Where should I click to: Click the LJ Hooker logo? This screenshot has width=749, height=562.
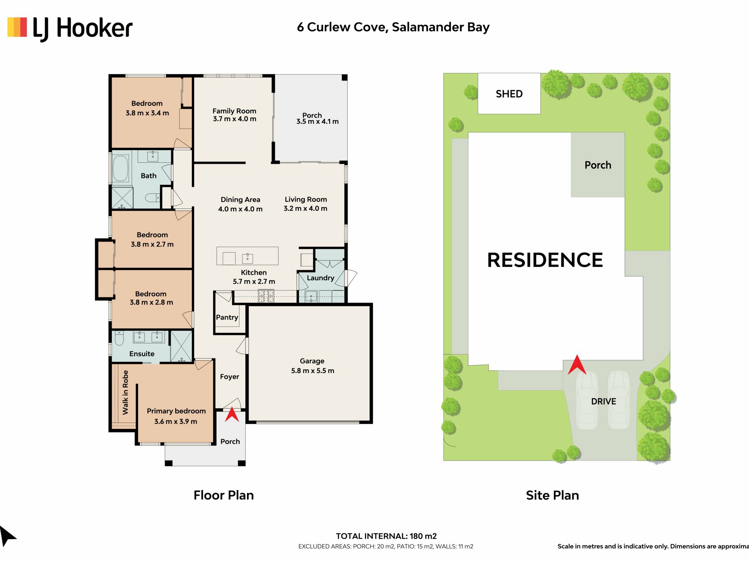[70, 28]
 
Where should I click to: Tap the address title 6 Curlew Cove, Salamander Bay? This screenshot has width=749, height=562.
[393, 27]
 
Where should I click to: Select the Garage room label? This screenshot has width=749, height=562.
[312, 361]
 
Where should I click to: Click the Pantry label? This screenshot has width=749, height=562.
[227, 317]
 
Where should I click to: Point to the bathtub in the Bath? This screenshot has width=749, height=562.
[121, 169]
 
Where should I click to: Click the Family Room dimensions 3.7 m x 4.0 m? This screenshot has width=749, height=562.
[234, 119]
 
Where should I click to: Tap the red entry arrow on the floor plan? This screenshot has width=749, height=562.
[232, 414]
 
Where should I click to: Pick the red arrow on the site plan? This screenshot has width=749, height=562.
[577, 365]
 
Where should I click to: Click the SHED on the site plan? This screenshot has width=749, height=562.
[509, 94]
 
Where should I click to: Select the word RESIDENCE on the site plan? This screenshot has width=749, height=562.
[545, 260]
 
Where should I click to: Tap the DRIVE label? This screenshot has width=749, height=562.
[603, 401]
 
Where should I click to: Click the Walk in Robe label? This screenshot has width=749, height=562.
[125, 392]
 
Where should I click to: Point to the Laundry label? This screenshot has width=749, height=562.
[321, 278]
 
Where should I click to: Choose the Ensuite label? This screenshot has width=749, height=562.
[142, 354]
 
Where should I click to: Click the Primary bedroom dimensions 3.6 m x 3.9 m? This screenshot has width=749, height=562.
[176, 421]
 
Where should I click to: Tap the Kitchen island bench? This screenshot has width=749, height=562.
[248, 256]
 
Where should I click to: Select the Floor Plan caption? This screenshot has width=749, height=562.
[224, 495]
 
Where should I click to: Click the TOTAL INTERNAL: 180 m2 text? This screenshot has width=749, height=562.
[386, 536]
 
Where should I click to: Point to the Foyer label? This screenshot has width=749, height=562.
[229, 377]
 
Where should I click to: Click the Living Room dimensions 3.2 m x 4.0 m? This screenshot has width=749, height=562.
[305, 208]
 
